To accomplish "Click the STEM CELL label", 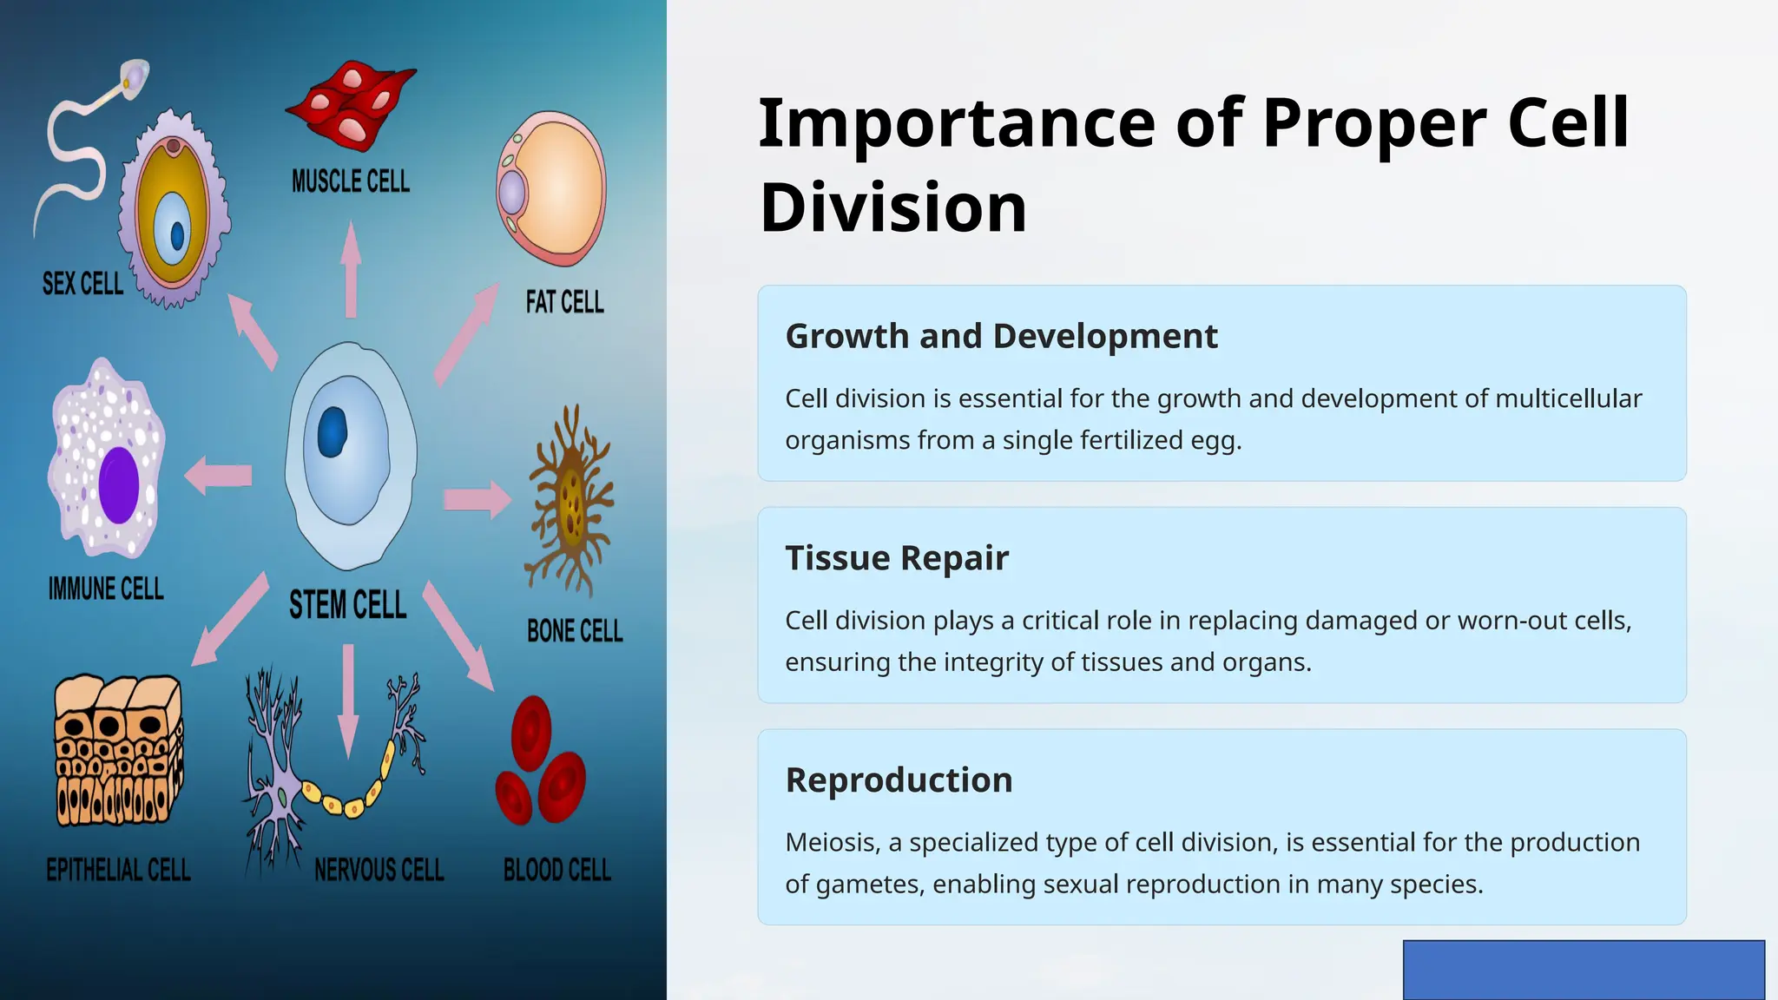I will click(347, 605).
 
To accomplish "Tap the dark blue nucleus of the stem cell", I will click(333, 432).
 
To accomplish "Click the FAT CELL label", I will click(564, 302).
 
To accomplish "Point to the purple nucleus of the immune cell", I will click(119, 484).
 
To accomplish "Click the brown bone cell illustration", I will click(570, 502).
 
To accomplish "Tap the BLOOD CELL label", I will click(556, 870).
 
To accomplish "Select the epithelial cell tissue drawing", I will click(118, 751).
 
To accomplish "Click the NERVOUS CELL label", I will click(379, 870).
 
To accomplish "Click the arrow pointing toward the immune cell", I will click(218, 476).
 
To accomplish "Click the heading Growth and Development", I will click(1001, 336).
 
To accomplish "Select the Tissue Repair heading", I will click(897, 557).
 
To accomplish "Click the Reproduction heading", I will click(899, 780).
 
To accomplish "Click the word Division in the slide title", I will click(893, 207).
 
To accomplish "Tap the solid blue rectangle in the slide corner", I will click(1584, 970).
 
